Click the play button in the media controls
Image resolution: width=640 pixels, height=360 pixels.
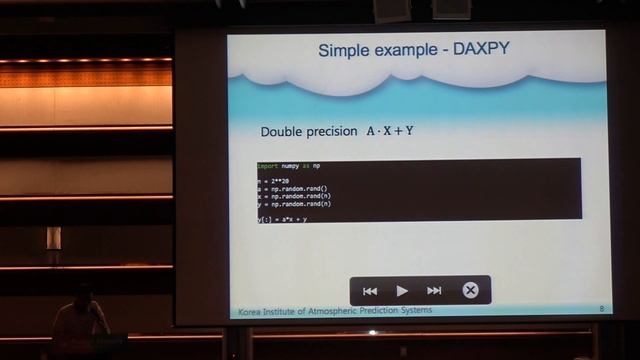402,291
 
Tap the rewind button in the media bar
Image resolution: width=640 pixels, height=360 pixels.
370,291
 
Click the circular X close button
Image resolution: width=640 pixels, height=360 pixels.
470,291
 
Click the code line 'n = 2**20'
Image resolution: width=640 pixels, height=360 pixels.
274,182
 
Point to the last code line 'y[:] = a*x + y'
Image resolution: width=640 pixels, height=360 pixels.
283,218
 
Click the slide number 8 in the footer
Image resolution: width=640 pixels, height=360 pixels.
601,311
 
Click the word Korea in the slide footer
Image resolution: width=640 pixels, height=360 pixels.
250,311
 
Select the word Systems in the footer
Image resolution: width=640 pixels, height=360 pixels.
413,311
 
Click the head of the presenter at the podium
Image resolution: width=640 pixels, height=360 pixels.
85,293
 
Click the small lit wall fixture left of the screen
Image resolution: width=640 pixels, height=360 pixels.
53,237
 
